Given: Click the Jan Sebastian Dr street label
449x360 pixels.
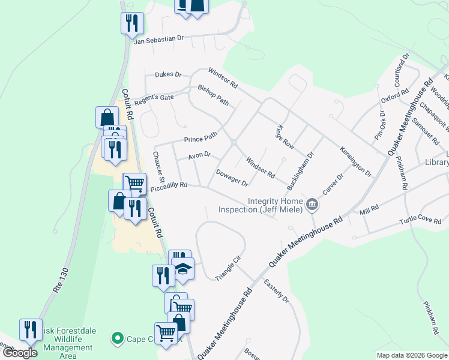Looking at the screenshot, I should click(158, 38).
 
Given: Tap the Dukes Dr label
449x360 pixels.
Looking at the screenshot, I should click(168, 74).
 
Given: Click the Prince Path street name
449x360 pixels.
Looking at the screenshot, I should click(200, 139).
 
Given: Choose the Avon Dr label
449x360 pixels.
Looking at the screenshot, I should click(199, 155).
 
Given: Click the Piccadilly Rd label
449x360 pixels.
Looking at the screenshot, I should click(169, 186).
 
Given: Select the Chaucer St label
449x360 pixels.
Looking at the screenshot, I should click(158, 166).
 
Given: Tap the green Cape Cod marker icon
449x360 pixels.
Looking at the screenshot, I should click(117, 339).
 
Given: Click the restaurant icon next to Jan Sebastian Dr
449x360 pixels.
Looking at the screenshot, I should click(131, 23).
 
